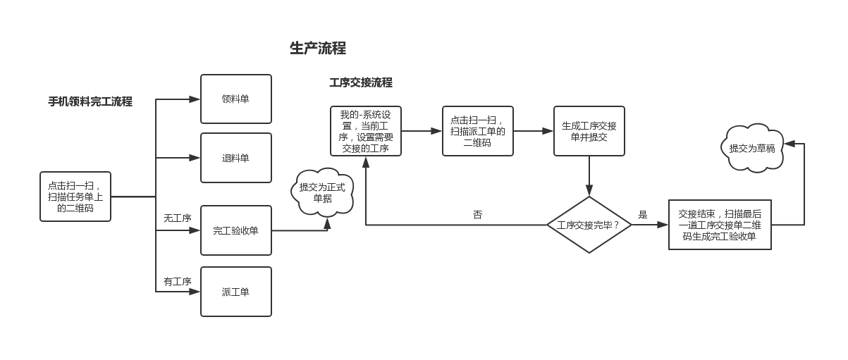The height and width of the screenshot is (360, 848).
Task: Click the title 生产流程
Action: point(318,49)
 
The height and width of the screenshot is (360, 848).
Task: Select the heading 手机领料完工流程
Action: point(90,101)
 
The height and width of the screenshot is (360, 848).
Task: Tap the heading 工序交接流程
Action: point(361,82)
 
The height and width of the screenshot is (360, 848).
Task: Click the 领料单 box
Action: point(236,99)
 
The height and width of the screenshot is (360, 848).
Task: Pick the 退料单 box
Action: point(236,158)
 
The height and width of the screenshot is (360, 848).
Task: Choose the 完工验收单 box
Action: point(236,230)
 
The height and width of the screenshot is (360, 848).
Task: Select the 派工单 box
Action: point(236,292)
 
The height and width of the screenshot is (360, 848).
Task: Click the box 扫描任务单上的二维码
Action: point(75,197)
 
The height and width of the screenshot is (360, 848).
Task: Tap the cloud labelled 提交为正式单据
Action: point(322,192)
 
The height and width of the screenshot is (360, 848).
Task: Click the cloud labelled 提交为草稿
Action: point(752,148)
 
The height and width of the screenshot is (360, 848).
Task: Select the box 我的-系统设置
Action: point(366,131)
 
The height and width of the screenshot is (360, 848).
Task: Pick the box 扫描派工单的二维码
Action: point(478,131)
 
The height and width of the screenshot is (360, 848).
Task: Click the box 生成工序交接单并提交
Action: point(589,131)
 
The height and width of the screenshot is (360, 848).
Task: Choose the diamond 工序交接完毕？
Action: point(589,225)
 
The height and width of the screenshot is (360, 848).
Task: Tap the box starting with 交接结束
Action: point(720,225)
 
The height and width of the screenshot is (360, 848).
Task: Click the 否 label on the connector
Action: point(478,215)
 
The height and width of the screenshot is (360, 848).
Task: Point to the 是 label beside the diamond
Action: point(643,215)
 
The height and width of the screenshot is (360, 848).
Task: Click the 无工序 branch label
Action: point(178,218)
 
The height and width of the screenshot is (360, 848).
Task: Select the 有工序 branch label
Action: point(178,282)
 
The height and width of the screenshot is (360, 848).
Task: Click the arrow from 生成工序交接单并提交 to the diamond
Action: point(589,176)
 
